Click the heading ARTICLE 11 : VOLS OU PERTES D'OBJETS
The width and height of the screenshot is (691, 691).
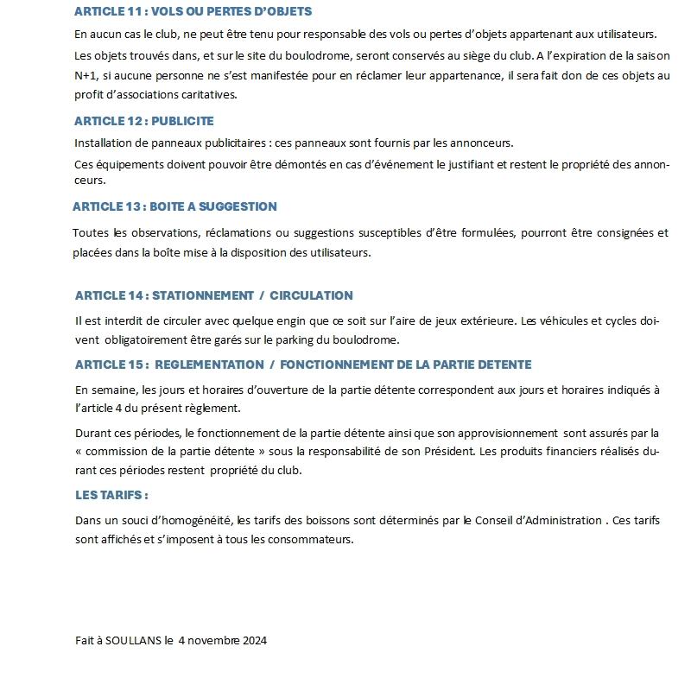tap(193, 12)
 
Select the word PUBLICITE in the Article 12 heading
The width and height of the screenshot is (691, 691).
tap(182, 121)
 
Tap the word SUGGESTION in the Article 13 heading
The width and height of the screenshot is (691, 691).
tap(235, 207)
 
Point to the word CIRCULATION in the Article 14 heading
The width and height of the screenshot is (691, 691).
tap(311, 295)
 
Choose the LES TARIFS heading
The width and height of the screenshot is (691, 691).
tap(111, 495)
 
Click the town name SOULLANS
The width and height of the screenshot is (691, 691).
tap(133, 640)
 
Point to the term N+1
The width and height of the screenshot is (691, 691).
tap(86, 75)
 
